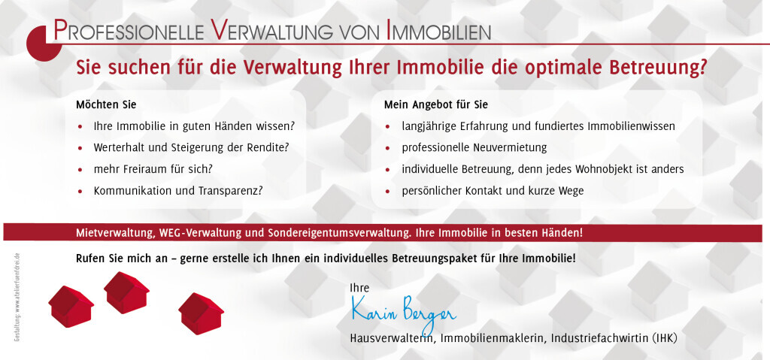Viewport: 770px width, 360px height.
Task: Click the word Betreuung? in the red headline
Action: tap(658, 67)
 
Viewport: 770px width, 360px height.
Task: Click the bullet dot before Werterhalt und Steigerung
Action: tap(80, 148)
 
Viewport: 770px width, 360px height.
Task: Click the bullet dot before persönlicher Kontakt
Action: tap(387, 192)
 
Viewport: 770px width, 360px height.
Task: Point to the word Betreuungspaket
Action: tap(432, 259)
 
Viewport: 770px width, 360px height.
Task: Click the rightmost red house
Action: tap(201, 311)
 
